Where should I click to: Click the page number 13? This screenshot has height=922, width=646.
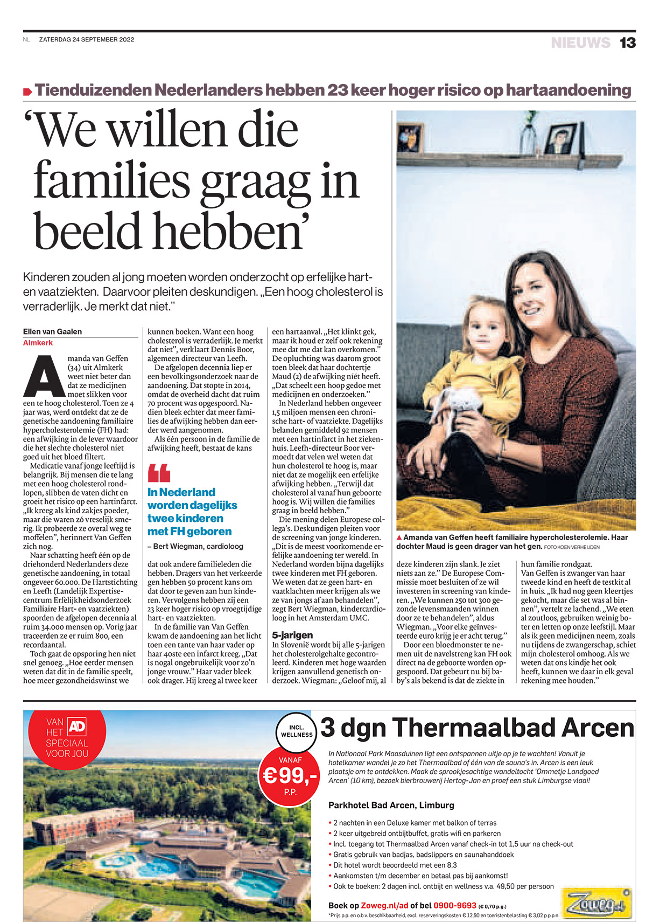point(628,43)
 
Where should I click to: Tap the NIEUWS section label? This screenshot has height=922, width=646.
point(580,43)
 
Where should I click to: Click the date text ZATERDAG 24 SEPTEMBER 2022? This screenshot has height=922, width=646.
point(87,39)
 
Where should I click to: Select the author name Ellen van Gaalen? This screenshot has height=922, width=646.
point(52,332)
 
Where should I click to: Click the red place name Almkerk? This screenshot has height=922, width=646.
point(38,343)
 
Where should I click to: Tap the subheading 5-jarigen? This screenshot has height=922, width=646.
point(292,635)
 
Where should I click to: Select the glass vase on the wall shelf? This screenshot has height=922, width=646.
point(529,138)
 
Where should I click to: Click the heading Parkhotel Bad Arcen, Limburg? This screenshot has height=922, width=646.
point(391,805)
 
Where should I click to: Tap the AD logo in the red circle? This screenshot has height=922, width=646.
point(77,727)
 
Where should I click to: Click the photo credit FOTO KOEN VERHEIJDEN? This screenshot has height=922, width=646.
point(572,547)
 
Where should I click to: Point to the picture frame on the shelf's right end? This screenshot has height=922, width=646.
point(561,139)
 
